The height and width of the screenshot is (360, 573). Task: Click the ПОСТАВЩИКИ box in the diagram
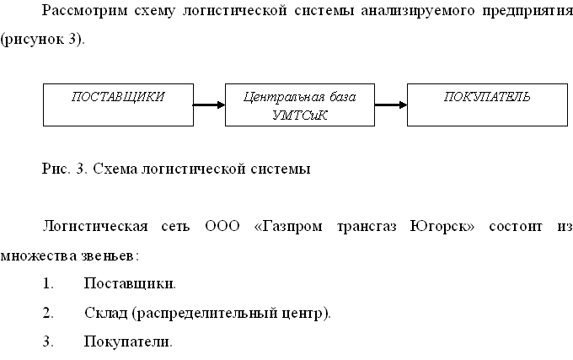(x=118, y=105)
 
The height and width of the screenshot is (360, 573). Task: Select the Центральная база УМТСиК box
(x=299, y=105)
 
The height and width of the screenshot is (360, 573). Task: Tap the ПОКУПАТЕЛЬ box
(x=487, y=105)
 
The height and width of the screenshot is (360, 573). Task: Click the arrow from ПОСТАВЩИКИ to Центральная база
(x=209, y=105)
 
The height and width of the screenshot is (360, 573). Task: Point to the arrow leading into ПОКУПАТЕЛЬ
(x=390, y=105)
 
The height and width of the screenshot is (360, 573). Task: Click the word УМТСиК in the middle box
(x=299, y=115)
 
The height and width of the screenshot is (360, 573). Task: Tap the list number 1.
(x=48, y=284)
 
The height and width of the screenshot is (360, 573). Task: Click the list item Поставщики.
(x=130, y=284)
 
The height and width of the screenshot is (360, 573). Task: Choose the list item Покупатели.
(x=128, y=342)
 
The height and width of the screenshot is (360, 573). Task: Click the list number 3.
(x=48, y=342)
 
